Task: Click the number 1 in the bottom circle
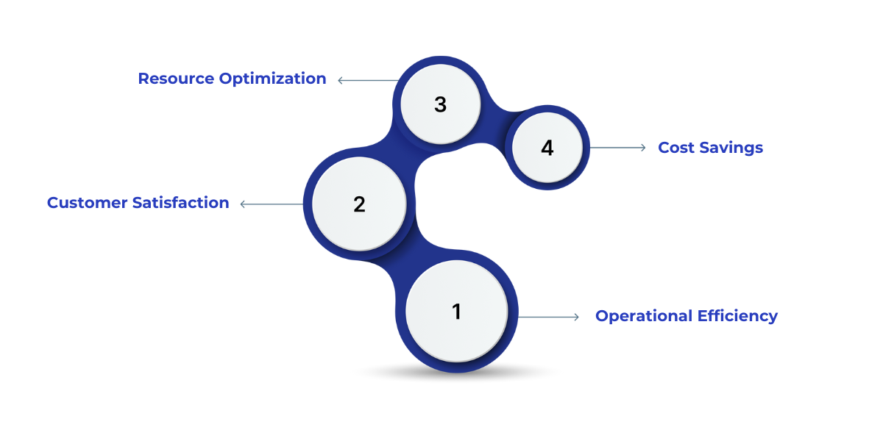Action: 456,312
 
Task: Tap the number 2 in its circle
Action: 359,204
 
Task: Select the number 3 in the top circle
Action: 440,104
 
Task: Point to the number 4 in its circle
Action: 547,148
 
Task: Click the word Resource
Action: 174,79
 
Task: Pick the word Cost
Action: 675,148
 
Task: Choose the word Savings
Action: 731,148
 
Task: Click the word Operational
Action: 643,316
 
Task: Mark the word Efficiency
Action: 737,316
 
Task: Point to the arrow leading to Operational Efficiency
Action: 549,317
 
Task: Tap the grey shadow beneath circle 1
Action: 456,375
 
